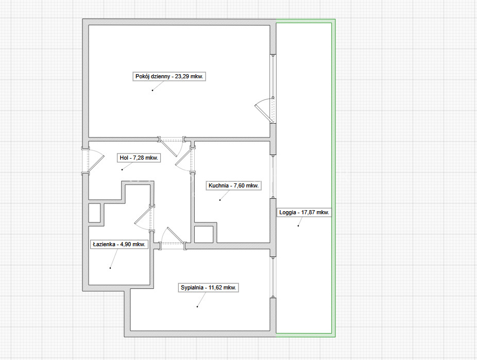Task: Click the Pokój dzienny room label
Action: pos(169,76)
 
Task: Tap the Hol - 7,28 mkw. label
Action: pos(139,158)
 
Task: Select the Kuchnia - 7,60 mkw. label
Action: pos(234,185)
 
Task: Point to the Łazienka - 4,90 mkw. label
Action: pos(120,244)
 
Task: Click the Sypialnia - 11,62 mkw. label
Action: pos(209,287)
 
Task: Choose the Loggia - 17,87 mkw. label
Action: pos(304,212)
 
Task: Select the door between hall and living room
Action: pos(171,146)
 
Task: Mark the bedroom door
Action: pos(172,238)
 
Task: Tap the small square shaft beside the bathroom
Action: pos(95,213)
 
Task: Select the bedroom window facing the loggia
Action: pos(273,277)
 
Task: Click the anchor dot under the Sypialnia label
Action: pos(197,306)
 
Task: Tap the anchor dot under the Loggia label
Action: pos(298,226)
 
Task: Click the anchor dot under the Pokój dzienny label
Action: pos(152,90)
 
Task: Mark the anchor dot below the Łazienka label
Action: pos(110,268)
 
